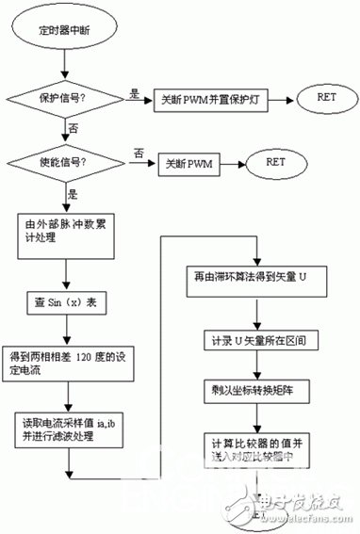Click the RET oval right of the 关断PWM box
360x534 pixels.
(x=276, y=162)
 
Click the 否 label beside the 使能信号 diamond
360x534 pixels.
(x=139, y=154)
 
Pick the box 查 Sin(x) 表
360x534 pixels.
(x=63, y=303)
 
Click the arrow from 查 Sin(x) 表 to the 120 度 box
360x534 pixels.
(x=63, y=331)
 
